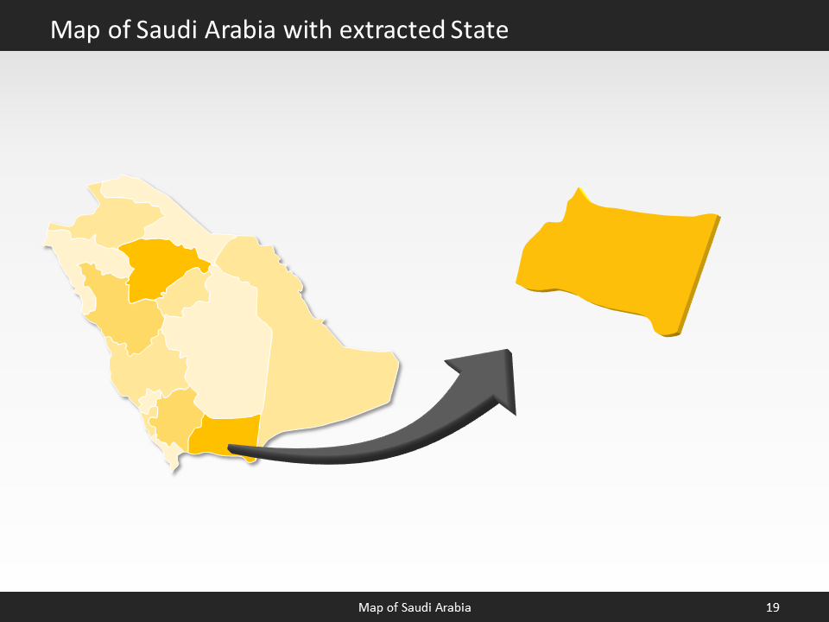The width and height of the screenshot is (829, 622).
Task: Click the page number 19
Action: pos(773,608)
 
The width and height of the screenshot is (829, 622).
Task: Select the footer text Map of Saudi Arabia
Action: pos(414,608)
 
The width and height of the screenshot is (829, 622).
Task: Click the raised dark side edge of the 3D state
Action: pos(699,276)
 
